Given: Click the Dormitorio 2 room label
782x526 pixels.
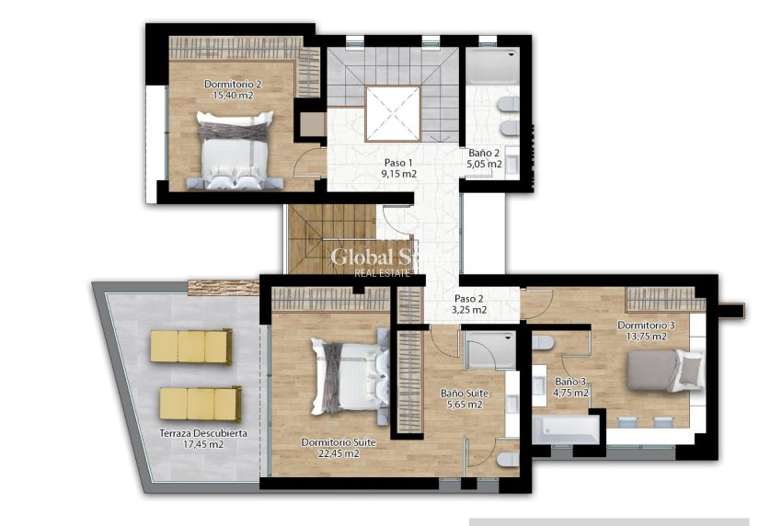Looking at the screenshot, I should [x=232, y=84].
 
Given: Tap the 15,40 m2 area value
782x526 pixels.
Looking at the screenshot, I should [x=232, y=95].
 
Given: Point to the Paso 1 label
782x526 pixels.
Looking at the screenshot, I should [x=399, y=162].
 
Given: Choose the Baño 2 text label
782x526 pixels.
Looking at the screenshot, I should [x=484, y=154].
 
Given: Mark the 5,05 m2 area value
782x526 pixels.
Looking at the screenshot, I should [x=484, y=165].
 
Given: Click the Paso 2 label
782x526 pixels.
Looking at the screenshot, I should [x=469, y=299].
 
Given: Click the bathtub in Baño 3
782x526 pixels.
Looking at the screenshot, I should [x=567, y=429].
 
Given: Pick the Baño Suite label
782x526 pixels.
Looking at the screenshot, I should [x=464, y=394].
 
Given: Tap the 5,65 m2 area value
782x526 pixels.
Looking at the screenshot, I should [x=464, y=405].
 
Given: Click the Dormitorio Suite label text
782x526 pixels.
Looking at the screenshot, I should [x=339, y=442].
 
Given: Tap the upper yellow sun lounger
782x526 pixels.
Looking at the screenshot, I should [x=190, y=346].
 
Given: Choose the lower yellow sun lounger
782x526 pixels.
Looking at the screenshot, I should [x=200, y=403].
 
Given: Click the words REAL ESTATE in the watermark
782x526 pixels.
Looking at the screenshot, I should [x=384, y=271].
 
